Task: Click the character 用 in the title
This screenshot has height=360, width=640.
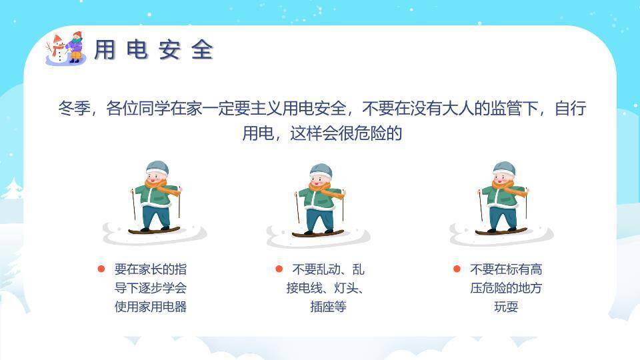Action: point(105,50)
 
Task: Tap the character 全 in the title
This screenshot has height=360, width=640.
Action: point(202,50)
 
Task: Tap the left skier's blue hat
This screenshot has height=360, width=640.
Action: point(157,167)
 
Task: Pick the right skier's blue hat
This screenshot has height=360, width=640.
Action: point(504,167)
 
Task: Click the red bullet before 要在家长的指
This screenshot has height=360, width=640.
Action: point(101,269)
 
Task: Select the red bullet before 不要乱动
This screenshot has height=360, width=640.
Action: point(279,269)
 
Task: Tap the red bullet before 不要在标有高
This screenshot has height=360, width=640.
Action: point(457,269)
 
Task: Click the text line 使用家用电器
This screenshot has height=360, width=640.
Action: point(151,307)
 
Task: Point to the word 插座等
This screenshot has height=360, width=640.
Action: point(328,307)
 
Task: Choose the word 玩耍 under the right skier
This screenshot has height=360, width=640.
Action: point(506,307)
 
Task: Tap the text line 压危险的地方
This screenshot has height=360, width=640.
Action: point(506,288)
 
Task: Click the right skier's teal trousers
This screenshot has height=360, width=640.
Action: point(502,217)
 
